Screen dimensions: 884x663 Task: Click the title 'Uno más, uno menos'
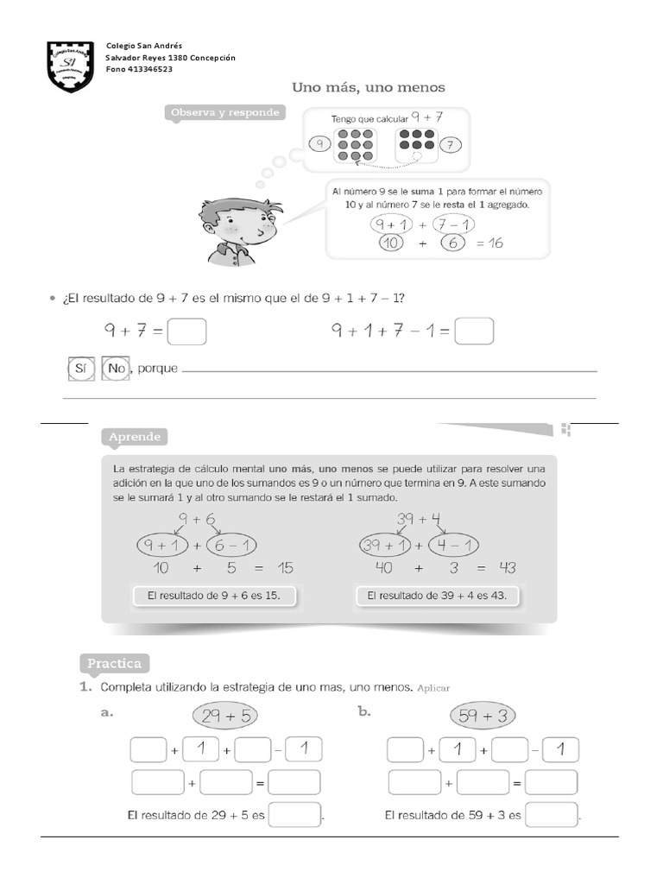369,87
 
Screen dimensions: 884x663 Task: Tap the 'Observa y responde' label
224,113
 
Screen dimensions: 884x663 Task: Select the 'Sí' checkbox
79,369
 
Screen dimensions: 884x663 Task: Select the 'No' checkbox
115,369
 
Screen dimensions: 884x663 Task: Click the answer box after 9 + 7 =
187,331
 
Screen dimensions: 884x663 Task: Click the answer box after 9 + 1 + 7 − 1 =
474,331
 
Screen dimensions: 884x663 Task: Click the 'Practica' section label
114,663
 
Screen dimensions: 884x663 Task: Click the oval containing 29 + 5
224,716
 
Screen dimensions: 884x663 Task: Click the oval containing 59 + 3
483,716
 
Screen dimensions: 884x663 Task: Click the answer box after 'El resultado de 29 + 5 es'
295,815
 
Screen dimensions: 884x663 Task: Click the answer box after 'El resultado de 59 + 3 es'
552,815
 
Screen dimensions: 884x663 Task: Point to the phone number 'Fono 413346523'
139,69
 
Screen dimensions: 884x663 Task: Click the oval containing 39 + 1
386,545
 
